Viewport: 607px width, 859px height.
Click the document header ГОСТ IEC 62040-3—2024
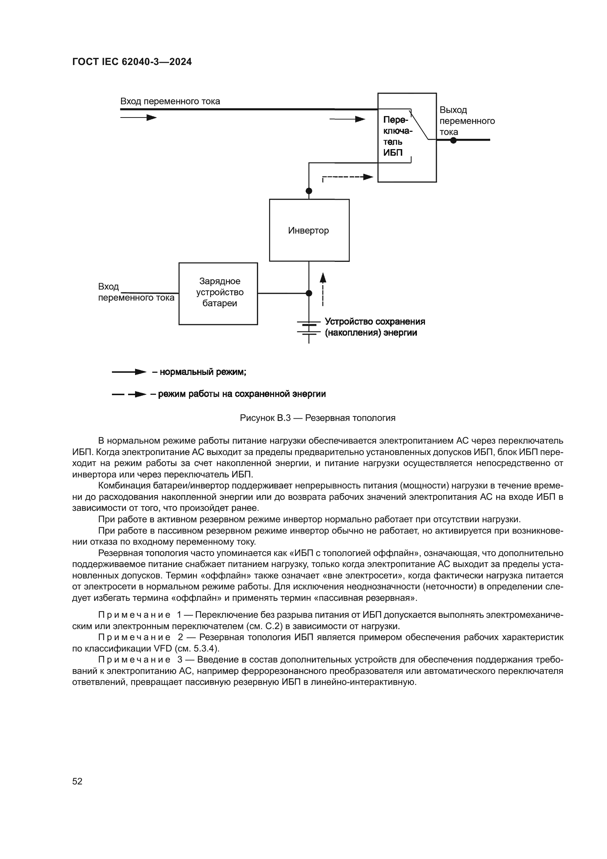tap(132, 62)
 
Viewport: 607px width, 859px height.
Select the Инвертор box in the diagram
tap(309, 230)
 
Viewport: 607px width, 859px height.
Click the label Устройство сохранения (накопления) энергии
tap(375, 327)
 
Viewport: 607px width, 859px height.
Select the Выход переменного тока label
tap(466, 121)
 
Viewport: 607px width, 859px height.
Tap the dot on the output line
tap(453, 140)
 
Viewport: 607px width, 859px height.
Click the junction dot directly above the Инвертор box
tap(309, 191)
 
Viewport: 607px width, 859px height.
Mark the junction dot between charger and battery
tap(309, 293)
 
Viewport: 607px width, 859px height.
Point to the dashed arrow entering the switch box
tap(348, 177)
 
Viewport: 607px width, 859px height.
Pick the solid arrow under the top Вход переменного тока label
tap(138, 118)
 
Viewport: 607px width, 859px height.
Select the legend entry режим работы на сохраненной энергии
tap(241, 394)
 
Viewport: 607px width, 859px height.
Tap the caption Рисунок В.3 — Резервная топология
tap(317, 418)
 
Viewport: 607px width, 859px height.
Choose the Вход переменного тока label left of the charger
tap(136, 292)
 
